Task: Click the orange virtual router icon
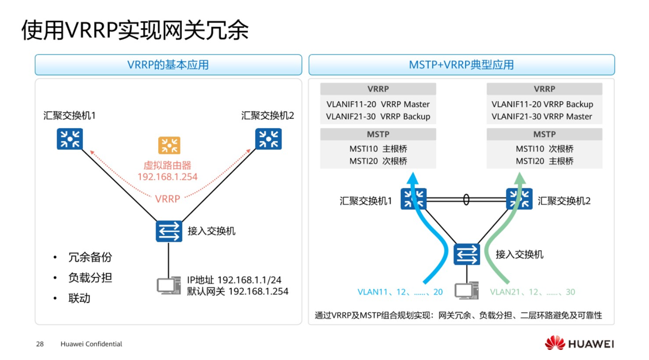point(169,146)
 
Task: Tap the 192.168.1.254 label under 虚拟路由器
point(167,177)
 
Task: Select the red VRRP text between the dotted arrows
point(168,199)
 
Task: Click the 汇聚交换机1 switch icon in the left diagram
point(70,138)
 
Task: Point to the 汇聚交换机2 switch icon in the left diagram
point(268,138)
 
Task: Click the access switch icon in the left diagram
point(169,231)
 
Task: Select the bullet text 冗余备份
point(90,257)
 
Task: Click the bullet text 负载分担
point(90,277)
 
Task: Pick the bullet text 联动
point(79,298)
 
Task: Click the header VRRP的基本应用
point(168,65)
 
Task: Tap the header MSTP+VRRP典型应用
point(461,65)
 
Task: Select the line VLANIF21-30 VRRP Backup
point(378,117)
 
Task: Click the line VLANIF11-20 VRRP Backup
point(542,105)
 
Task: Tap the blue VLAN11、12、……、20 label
point(400,292)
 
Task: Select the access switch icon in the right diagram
point(467,254)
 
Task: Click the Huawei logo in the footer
point(579,344)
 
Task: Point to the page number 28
point(40,344)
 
